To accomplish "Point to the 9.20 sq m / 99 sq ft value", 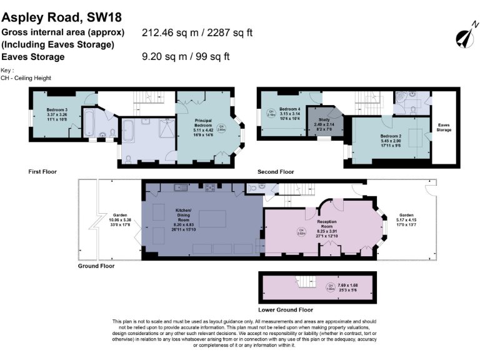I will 186,57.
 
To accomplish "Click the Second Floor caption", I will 276,171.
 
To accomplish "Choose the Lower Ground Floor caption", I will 286,309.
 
